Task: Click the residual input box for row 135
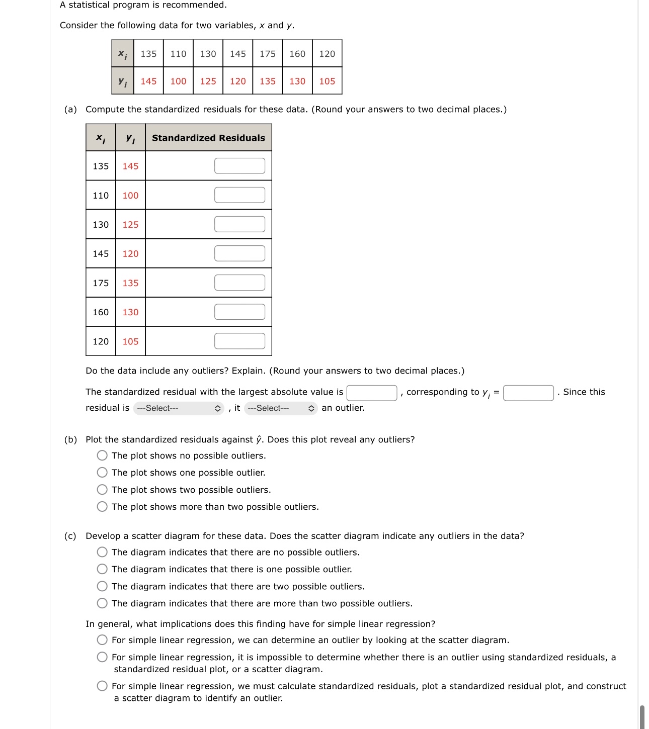[239, 166]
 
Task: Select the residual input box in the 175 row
[239, 283]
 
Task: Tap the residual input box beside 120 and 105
[239, 341]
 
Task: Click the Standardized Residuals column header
[208, 138]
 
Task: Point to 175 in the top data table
[268, 54]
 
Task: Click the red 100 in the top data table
[178, 81]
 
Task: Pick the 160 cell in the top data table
[297, 54]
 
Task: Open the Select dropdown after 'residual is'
[179, 408]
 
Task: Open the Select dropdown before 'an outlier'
[281, 408]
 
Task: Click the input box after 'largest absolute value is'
[372, 393]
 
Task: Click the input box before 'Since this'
[528, 393]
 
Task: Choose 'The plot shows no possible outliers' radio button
[102, 455]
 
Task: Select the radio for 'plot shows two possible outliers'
[102, 490]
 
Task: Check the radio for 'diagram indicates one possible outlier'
[102, 569]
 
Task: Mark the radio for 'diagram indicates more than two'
[102, 603]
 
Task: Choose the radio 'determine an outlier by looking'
[102, 640]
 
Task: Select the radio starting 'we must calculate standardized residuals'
[102, 686]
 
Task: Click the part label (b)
[70, 439]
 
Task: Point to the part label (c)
[70, 536]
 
